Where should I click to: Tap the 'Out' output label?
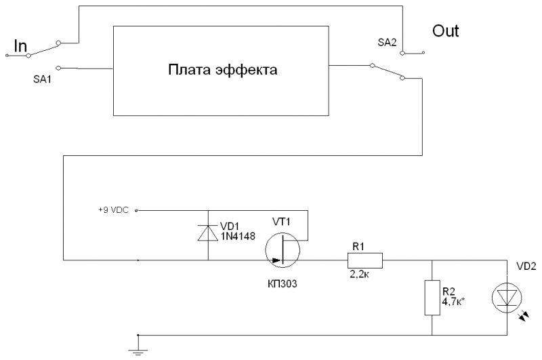click(x=445, y=31)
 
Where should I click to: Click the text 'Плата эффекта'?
click(x=223, y=69)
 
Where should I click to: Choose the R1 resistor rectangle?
click(x=365, y=260)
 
